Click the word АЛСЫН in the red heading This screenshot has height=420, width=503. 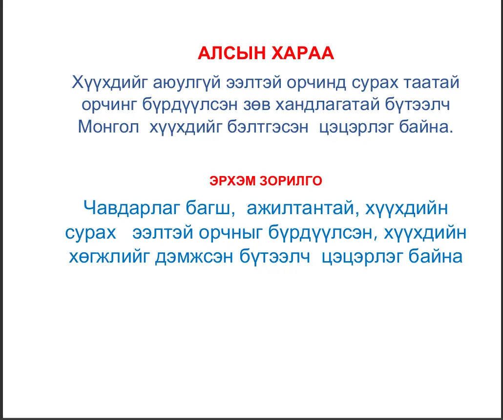click(x=231, y=53)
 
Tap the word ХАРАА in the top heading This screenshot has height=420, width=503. click(x=303, y=53)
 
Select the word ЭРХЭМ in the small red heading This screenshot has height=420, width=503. click(x=232, y=181)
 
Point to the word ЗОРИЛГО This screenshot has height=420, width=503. click(x=291, y=181)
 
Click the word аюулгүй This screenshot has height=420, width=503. click(x=187, y=83)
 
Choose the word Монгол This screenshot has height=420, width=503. click(x=108, y=127)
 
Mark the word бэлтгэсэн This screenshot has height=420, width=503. click(x=268, y=127)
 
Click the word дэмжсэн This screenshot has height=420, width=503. click(x=194, y=257)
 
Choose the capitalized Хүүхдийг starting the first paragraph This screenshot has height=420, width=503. click(x=110, y=83)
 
